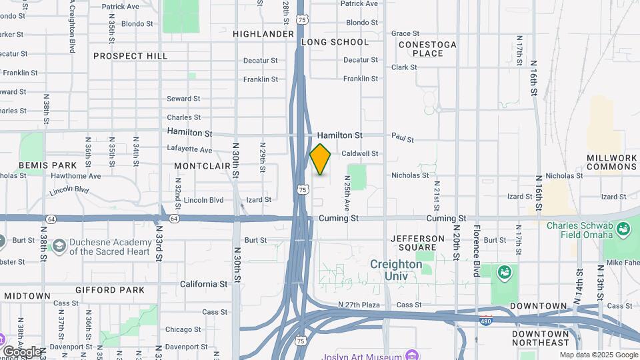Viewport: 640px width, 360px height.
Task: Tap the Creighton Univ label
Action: coord(397,270)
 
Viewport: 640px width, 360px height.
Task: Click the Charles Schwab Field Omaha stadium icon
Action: coord(624,231)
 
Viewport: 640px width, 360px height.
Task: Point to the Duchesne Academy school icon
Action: coord(59,246)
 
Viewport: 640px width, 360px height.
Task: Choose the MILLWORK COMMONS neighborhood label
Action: coord(612,162)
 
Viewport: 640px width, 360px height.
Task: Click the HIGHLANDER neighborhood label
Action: coord(263,33)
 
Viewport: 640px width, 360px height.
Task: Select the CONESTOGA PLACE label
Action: coord(427,49)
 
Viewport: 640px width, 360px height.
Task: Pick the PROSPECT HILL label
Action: coord(130,56)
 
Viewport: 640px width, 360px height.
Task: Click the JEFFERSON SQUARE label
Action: coord(417,244)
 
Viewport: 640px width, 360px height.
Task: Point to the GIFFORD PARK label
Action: coord(110,290)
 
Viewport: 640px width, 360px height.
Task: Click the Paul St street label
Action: coord(403,139)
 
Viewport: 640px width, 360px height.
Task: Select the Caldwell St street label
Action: coord(361,153)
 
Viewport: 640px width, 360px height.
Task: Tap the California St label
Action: coord(204,284)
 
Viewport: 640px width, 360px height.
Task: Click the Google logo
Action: coord(21,352)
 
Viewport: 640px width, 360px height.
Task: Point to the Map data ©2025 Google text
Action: coord(598,355)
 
